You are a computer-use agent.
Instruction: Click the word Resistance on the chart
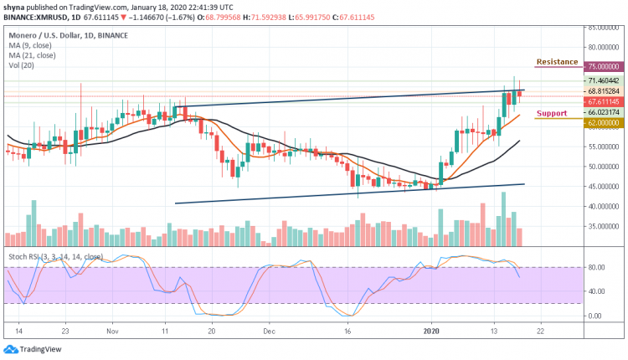coord(557,62)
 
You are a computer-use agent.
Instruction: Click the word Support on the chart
coord(553,113)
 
